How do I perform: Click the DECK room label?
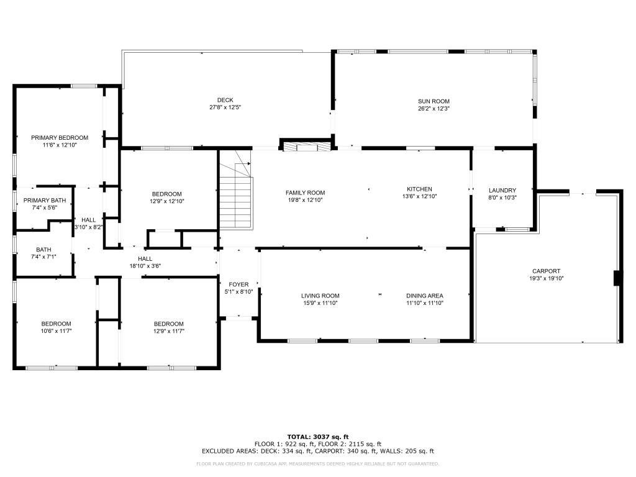tap(225, 100)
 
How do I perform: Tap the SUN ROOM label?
tap(434, 101)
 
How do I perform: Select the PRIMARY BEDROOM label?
tap(60, 138)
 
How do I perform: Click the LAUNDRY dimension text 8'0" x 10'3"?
tap(502, 198)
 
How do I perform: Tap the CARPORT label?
tap(547, 271)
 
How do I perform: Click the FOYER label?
tap(238, 284)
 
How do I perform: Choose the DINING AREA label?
tap(425, 296)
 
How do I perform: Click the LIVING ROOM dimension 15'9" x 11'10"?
tap(320, 303)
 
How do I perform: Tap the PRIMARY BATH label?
tap(45, 201)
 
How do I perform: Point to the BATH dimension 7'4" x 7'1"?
tap(43, 257)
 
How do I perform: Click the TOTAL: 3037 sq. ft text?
tap(318, 437)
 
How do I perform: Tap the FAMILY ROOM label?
tap(305, 193)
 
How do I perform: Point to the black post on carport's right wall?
tap(617, 278)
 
